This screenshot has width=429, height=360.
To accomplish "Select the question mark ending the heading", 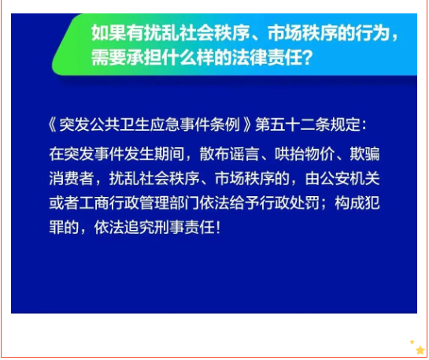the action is pyautogui.click(x=308, y=58).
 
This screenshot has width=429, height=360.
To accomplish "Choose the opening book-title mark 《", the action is pyautogui.click(x=53, y=124).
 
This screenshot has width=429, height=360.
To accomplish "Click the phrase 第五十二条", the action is pyautogui.click(x=293, y=124).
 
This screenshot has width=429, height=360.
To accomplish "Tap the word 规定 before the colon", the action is pyautogui.click(x=345, y=124).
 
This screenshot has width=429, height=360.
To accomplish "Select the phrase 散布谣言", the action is pyautogui.click(x=229, y=154).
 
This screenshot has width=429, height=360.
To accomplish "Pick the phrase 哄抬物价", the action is pyautogui.click(x=305, y=154).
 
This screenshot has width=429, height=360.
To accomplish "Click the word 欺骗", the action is pyautogui.click(x=365, y=154).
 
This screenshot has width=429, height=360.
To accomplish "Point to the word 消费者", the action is pyautogui.click(x=72, y=179).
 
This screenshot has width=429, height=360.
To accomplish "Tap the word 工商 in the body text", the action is pyautogui.click(x=94, y=203).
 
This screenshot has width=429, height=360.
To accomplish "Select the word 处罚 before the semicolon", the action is pyautogui.click(x=305, y=203).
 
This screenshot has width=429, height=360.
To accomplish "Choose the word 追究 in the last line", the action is pyautogui.click(x=139, y=228).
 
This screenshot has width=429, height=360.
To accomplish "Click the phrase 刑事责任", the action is pyautogui.click(x=184, y=228).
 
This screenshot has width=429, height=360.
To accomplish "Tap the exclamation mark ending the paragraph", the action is pyautogui.click(x=218, y=228).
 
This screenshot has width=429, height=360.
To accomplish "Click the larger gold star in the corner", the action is pyautogui.click(x=420, y=350).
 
